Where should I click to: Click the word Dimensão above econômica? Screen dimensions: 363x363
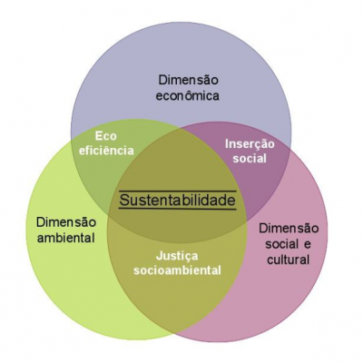[x=188, y=81]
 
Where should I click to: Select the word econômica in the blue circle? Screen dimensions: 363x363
[x=187, y=96]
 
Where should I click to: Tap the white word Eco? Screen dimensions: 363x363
[x=105, y=136]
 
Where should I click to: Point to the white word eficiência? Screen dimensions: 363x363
[x=106, y=151]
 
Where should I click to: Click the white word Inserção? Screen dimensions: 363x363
[x=250, y=143]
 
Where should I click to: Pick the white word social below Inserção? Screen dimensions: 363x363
[x=250, y=158]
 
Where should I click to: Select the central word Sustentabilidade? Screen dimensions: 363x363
[x=177, y=200]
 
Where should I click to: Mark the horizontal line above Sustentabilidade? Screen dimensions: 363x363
[x=177, y=191]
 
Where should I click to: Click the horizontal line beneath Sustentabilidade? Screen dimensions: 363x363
[x=177, y=209]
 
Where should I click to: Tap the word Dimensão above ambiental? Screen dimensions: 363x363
[x=66, y=222]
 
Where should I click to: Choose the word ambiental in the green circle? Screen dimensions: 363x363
[x=65, y=238]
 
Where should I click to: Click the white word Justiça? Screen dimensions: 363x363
[x=177, y=257]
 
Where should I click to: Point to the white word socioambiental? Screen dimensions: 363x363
[x=177, y=270]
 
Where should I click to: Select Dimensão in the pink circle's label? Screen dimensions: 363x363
[x=289, y=228]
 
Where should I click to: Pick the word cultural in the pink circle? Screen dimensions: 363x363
[x=288, y=260]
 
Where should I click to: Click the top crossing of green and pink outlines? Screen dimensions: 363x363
[x=181, y=128]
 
